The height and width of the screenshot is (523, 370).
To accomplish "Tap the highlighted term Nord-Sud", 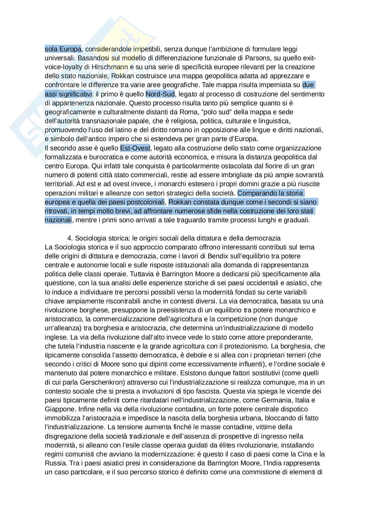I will (x=160, y=94).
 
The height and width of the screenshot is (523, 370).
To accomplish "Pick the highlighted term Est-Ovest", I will (x=135, y=148).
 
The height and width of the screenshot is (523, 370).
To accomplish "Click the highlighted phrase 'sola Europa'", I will (x=63, y=49).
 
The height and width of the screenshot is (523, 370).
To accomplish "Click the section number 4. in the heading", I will (x=70, y=238).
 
